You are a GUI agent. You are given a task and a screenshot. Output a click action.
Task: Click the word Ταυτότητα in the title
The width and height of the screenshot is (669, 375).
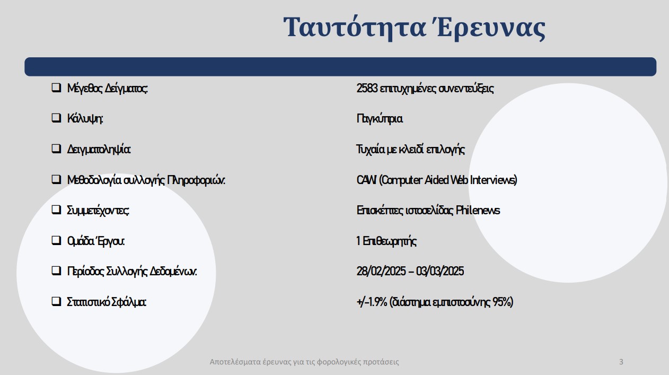click(x=355, y=28)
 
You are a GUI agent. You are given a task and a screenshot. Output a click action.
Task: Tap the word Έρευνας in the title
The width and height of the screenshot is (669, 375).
click(x=490, y=28)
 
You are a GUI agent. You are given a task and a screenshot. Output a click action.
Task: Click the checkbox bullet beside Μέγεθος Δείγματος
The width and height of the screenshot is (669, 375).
click(x=56, y=88)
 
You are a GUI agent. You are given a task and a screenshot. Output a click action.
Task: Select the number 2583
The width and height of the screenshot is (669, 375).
click(x=367, y=89)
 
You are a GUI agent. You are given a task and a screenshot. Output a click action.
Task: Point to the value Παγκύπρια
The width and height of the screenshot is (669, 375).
click(x=380, y=119)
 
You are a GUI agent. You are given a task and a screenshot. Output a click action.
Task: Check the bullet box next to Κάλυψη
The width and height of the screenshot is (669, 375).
click(x=56, y=118)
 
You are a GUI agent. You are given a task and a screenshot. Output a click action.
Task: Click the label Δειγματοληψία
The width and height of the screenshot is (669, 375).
click(x=99, y=150)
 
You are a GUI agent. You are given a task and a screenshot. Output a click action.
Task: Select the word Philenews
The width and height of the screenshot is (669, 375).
click(x=478, y=211)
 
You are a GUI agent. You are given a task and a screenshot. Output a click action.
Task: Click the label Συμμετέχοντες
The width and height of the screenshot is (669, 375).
click(x=98, y=211)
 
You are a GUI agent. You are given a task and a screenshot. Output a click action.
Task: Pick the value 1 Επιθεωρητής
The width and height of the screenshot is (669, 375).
click(x=386, y=241)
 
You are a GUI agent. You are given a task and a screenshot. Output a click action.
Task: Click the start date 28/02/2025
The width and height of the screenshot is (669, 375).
click(x=381, y=272)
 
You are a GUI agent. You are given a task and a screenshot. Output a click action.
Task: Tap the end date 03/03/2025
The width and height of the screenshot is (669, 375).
click(x=440, y=272)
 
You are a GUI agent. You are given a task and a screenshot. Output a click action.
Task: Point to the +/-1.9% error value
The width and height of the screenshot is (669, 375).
click(x=372, y=302)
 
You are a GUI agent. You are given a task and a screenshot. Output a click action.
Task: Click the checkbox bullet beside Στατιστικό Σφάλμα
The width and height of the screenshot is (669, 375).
click(x=56, y=301)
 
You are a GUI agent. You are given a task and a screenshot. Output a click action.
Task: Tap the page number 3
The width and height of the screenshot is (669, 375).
click(x=621, y=362)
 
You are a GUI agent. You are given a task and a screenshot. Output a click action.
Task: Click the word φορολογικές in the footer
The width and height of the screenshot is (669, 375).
click(x=339, y=362)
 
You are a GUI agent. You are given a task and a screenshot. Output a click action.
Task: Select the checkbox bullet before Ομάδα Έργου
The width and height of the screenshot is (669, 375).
click(x=56, y=240)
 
